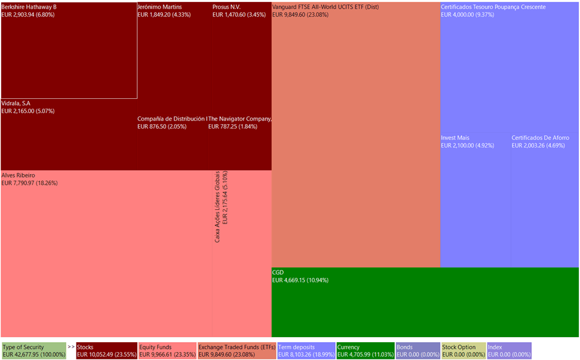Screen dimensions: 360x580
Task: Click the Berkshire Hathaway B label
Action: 29,7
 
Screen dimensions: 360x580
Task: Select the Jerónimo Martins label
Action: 160,7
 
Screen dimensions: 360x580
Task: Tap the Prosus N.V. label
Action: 226,7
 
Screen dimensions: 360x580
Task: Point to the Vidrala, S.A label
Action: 16,103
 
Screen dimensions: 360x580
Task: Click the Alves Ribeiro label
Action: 19,175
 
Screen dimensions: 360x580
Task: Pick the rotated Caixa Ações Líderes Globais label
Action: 217,206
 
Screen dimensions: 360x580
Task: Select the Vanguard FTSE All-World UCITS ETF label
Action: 325,7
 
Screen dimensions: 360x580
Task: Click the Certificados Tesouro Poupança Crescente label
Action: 493,7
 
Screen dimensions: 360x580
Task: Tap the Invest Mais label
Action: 455,138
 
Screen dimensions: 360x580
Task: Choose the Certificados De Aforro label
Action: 541,138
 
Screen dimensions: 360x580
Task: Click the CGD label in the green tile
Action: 278,272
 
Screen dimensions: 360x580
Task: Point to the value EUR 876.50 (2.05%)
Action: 162,127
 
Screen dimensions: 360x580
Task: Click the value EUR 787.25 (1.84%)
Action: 233,127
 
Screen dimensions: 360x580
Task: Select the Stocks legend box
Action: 107,351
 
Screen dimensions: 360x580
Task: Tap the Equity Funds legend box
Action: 167,351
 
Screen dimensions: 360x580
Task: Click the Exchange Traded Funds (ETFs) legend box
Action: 236,351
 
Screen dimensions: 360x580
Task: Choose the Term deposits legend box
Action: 306,351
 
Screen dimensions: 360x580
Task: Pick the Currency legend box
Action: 365,351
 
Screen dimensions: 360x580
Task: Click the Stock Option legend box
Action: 463,351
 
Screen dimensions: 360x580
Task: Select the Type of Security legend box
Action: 33,351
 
